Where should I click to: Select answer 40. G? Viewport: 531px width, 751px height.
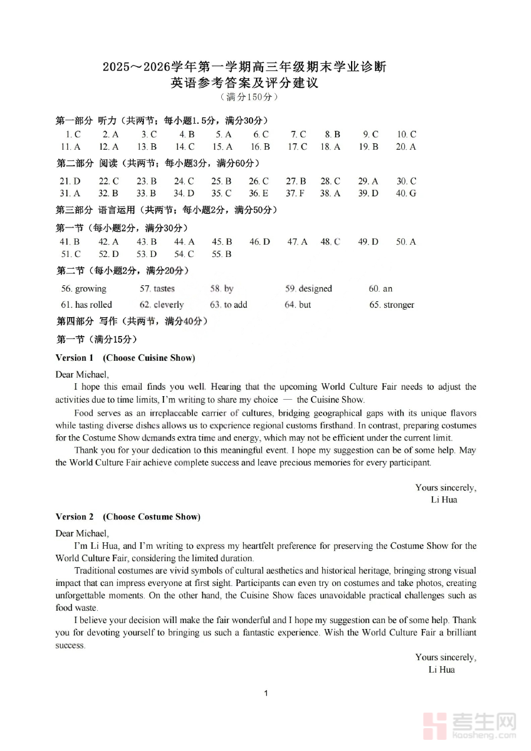coord(406,193)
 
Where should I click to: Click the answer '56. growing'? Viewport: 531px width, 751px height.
coord(84,289)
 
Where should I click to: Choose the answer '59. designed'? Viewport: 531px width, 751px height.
coord(309,289)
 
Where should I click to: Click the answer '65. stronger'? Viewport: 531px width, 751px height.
coord(392,305)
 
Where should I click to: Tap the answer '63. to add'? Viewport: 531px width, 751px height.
coord(228,305)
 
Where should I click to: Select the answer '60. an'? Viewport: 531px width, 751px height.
coord(381,289)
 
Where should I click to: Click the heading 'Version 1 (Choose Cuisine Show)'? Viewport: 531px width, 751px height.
coord(125,358)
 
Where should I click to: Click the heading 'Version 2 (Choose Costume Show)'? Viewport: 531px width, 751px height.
coord(128,517)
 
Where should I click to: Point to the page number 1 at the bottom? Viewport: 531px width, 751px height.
coord(266,693)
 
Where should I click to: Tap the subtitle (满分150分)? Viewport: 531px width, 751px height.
coord(248,97)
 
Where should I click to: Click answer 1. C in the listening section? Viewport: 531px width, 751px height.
coord(73,134)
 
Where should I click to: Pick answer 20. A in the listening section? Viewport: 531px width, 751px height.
coord(406,147)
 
